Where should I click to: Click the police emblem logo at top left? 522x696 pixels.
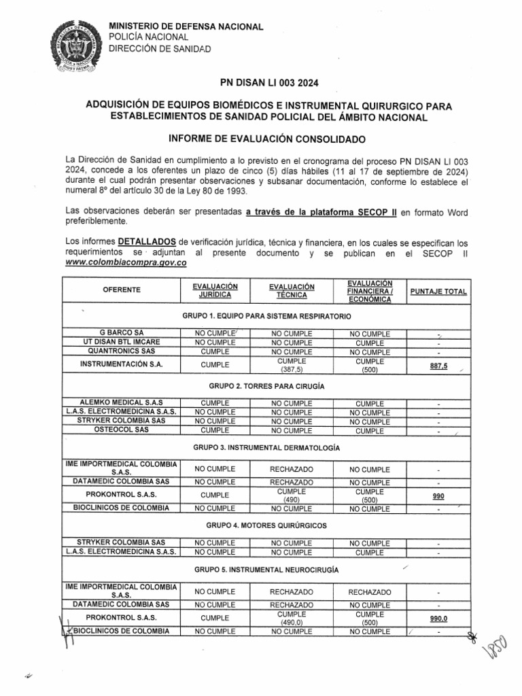[74, 47]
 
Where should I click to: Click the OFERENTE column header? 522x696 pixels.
[122, 290]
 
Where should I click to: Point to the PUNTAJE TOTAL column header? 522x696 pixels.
[438, 292]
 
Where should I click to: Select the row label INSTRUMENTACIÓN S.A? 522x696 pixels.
[122, 364]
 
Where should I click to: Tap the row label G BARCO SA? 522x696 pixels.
[122, 334]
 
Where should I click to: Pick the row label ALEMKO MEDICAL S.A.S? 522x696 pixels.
[122, 403]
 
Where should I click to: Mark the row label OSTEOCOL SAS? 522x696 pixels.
[122, 430]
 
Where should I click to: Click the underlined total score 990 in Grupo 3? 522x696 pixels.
[438, 497]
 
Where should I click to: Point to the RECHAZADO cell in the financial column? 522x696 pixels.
[370, 593]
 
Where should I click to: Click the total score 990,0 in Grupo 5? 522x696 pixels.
[438, 619]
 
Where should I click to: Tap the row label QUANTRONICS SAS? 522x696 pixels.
[122, 352]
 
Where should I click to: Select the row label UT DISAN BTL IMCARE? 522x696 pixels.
[122, 343]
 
